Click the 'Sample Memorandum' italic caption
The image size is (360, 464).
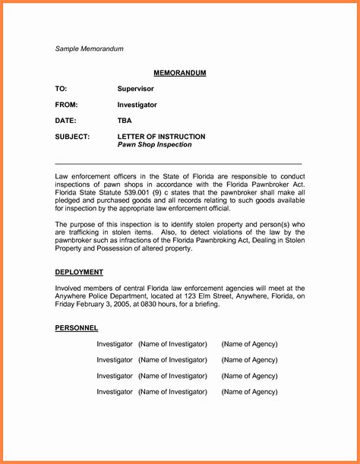pos(89,49)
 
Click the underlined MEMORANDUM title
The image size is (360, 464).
pos(180,73)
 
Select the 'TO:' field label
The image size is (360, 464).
pos(62,89)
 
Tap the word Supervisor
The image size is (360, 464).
pos(136,89)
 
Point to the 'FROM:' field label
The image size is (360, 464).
pos(67,105)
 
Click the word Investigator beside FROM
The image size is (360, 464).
pos(137,105)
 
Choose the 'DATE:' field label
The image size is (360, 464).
pos(66,121)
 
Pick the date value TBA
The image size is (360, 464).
pos(125,121)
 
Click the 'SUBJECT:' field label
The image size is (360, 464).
pos(73,137)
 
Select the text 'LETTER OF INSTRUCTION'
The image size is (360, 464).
pos(161,137)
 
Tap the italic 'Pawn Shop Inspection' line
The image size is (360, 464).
pos(154,144)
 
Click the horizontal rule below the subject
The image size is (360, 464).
pos(178,164)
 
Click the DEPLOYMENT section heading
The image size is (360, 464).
pos(79,272)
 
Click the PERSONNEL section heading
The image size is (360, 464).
pos(77,327)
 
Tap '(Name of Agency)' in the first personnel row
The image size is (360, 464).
pos(249,344)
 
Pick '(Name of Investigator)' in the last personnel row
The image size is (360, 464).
pos(172,392)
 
